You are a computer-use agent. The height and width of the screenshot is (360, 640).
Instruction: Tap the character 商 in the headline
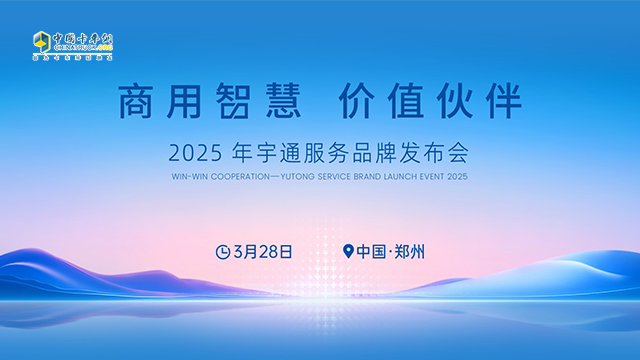[138, 103]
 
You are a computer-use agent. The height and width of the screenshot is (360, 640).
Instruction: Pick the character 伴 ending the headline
[500, 103]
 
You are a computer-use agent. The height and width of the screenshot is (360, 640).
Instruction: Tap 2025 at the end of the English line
[458, 177]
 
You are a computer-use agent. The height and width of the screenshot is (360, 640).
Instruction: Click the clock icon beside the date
[222, 252]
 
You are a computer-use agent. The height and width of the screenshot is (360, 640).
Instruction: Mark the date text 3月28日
[262, 252]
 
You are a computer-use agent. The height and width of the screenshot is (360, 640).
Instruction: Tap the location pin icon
[348, 252]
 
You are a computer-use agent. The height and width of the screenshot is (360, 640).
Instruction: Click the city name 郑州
[411, 252]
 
